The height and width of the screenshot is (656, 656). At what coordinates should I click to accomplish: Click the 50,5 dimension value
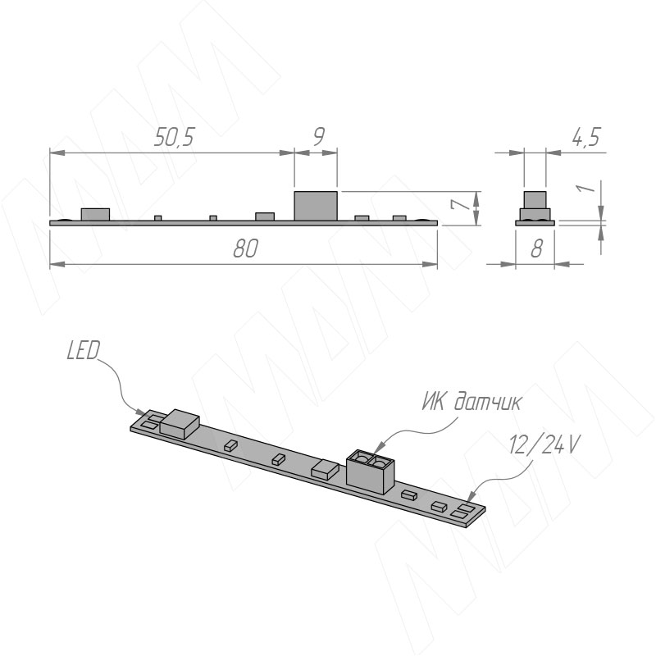coord(175,137)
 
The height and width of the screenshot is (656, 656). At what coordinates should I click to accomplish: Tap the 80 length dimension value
coord(245,248)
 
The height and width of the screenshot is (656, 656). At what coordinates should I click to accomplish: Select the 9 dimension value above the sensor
coord(319,136)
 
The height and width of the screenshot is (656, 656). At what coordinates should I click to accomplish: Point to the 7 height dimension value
coord(459,205)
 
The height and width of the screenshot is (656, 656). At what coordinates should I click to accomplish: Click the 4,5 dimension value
coord(586,137)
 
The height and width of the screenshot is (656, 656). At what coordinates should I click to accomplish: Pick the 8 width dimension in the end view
coord(537,248)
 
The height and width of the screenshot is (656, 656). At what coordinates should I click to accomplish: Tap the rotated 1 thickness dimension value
coord(586,188)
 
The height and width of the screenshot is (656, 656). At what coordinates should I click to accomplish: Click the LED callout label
coord(84,351)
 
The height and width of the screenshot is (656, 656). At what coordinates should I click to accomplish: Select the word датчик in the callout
coord(488,402)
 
